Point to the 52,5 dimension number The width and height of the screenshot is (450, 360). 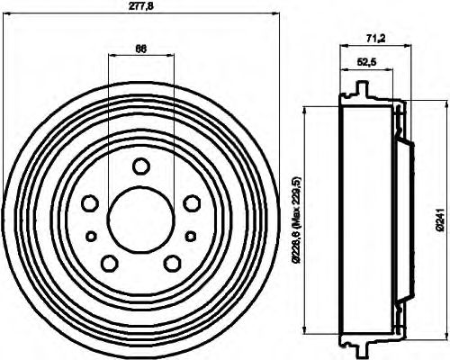coord(366,62)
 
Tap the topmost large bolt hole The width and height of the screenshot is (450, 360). coord(140,166)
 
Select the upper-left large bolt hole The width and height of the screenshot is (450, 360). coord(91,203)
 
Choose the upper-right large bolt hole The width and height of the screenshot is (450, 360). coord(191,203)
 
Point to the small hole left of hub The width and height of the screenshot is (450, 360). coord(91,236)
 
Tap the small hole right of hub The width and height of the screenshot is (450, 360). coord(191,236)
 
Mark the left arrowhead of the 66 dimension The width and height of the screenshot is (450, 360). coord(111,56)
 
